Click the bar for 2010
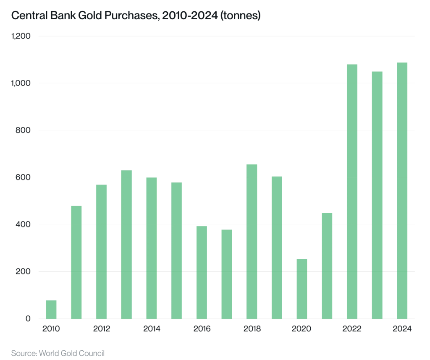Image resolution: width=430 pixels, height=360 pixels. [x=51, y=309]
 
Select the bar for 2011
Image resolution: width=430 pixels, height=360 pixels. [x=76, y=262]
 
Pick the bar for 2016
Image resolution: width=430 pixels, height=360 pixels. [x=202, y=272]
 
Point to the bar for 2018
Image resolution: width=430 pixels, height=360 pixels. [x=252, y=242]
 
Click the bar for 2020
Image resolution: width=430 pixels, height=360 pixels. [x=302, y=289]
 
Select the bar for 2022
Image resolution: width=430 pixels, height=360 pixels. [x=352, y=191]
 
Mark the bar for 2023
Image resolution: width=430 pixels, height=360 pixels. [x=377, y=195]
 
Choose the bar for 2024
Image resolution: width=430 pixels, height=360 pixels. [x=402, y=190]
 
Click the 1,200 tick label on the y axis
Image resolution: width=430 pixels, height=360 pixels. [x=21, y=36]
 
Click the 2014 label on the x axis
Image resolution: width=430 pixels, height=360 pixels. [x=152, y=329]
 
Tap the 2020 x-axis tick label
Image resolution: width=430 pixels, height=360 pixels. [x=302, y=329]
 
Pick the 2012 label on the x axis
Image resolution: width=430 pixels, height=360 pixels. [x=102, y=329]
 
